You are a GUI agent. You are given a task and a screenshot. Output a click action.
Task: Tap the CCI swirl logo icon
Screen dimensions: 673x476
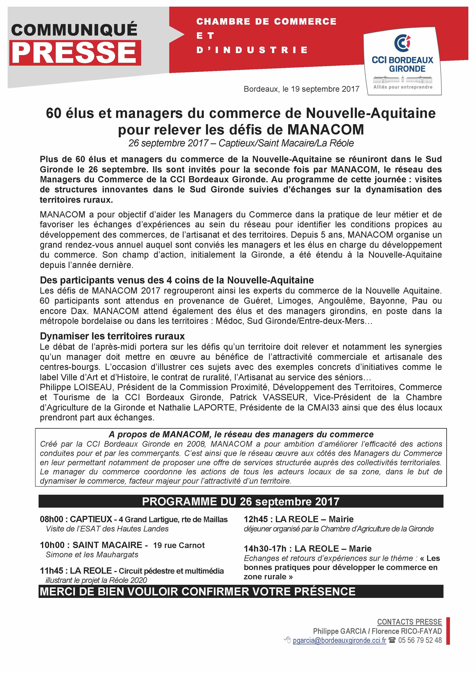tap(402, 43)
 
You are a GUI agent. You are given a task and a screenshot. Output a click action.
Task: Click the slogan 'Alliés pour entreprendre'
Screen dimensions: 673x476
tap(403, 87)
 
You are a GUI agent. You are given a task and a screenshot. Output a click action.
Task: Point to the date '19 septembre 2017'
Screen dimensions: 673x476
tap(325, 89)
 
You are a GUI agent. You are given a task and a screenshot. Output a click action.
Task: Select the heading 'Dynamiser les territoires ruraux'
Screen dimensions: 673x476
tap(112, 336)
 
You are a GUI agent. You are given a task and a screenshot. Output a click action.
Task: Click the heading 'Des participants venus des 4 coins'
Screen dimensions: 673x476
tap(177, 280)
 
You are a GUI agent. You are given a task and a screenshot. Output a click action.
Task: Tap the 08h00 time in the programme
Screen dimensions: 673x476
tap(51, 519)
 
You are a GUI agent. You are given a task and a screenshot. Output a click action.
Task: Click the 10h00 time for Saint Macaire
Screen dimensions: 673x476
tap(52, 545)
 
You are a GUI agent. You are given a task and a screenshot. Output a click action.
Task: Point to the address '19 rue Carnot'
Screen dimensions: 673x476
tap(179, 545)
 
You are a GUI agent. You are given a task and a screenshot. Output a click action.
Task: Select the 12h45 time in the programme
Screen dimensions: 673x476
tap(256, 519)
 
